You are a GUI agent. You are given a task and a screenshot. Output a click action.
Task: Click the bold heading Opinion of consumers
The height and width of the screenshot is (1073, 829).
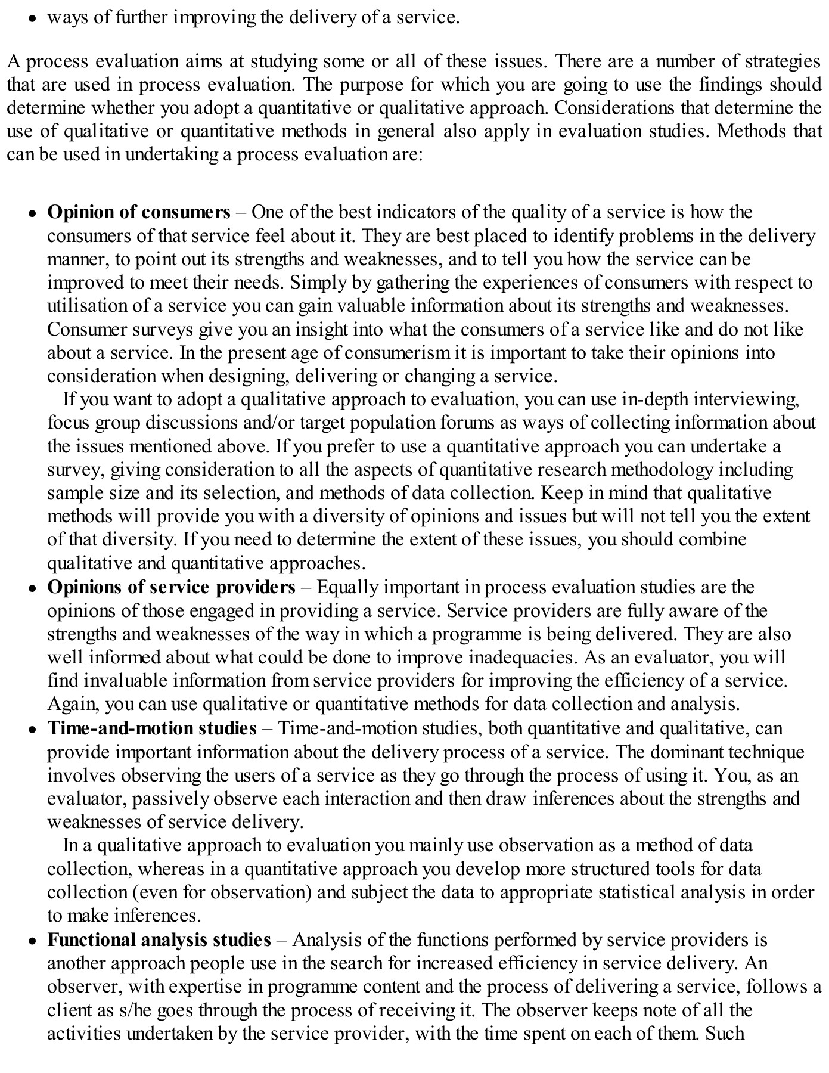tap(138, 212)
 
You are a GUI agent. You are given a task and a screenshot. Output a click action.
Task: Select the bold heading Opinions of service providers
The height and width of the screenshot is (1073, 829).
tap(171, 587)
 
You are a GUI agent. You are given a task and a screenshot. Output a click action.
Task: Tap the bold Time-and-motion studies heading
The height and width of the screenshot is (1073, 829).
tap(152, 728)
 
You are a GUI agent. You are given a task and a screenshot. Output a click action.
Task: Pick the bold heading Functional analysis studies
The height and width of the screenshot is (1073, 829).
tap(159, 940)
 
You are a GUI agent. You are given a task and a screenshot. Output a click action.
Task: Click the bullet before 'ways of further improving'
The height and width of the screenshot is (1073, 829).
tap(33, 18)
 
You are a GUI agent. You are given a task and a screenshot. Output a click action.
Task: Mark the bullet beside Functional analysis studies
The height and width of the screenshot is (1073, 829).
tap(33, 941)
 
